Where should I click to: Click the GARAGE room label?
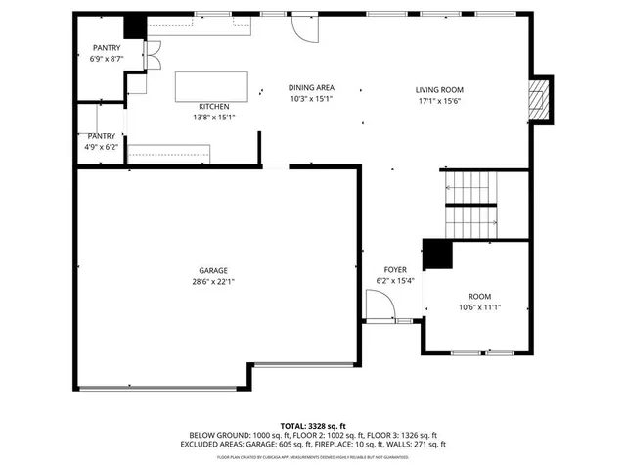click(x=213, y=270)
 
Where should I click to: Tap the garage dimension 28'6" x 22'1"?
click(x=213, y=282)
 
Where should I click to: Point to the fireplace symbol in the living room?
click(x=537, y=98)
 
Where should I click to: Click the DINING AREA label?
click(x=312, y=87)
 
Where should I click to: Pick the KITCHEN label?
click(x=214, y=106)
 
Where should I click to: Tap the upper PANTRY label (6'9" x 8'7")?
click(x=107, y=48)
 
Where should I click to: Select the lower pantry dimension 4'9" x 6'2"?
click(x=101, y=147)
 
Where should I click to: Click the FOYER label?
click(x=395, y=269)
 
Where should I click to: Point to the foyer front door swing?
click(x=380, y=310)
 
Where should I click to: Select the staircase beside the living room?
click(x=471, y=203)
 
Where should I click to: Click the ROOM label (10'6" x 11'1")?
click(x=479, y=296)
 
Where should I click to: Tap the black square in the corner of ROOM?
click(x=437, y=254)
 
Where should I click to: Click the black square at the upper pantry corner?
click(x=135, y=26)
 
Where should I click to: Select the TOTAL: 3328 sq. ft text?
click(x=313, y=426)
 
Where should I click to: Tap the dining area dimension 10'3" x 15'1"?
click(x=312, y=99)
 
